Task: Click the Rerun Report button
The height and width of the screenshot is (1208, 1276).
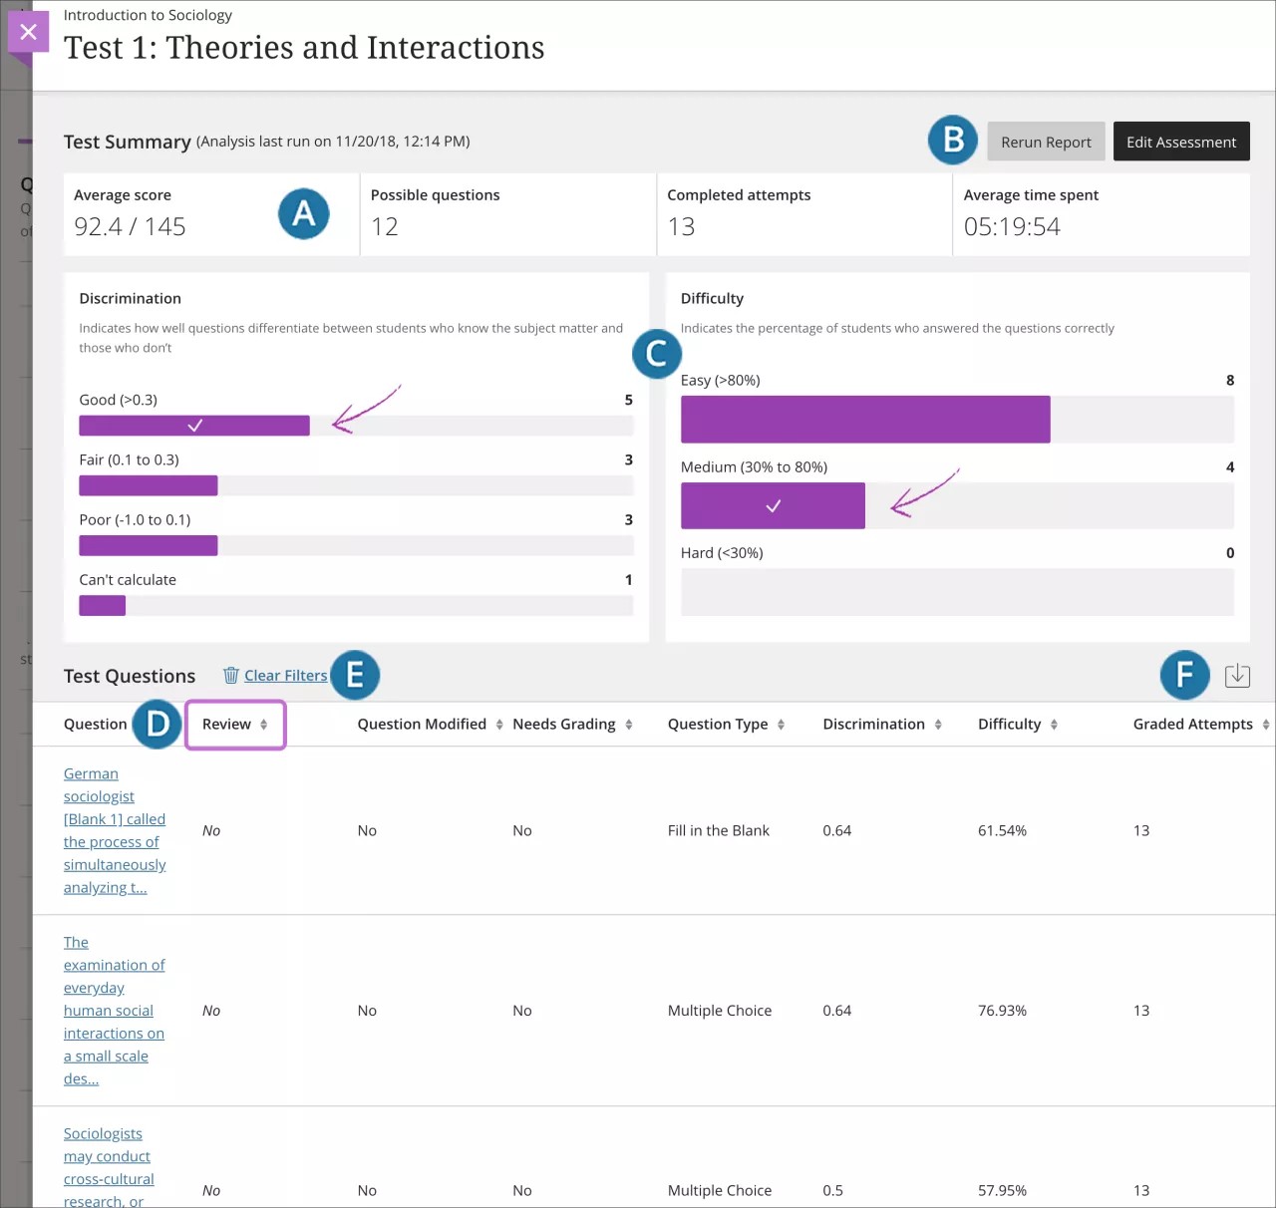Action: (x=1046, y=143)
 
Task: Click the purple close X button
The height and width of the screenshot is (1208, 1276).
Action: (x=28, y=32)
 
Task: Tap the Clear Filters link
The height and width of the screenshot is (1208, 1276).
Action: (x=285, y=676)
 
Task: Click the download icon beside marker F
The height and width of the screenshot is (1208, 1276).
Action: (x=1237, y=676)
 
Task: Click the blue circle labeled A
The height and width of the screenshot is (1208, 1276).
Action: (x=304, y=213)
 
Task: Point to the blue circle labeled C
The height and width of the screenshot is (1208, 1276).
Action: (x=657, y=354)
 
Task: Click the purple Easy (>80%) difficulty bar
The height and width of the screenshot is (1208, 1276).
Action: (x=864, y=420)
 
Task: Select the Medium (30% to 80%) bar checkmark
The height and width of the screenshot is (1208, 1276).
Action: (x=773, y=506)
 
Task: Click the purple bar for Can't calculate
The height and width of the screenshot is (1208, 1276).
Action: (x=102, y=606)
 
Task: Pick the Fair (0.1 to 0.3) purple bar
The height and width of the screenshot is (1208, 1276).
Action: (x=148, y=486)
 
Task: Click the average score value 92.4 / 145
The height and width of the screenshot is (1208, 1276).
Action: (x=130, y=227)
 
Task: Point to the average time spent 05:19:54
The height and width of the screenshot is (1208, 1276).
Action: (x=1012, y=227)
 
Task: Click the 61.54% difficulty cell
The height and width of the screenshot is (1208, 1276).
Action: (x=1002, y=831)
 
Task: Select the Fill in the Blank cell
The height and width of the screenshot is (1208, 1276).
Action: (x=718, y=831)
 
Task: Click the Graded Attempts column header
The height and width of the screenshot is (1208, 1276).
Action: (x=1192, y=725)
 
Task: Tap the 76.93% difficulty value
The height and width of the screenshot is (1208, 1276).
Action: (x=1002, y=1011)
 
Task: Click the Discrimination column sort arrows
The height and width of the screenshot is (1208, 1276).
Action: (x=938, y=725)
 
